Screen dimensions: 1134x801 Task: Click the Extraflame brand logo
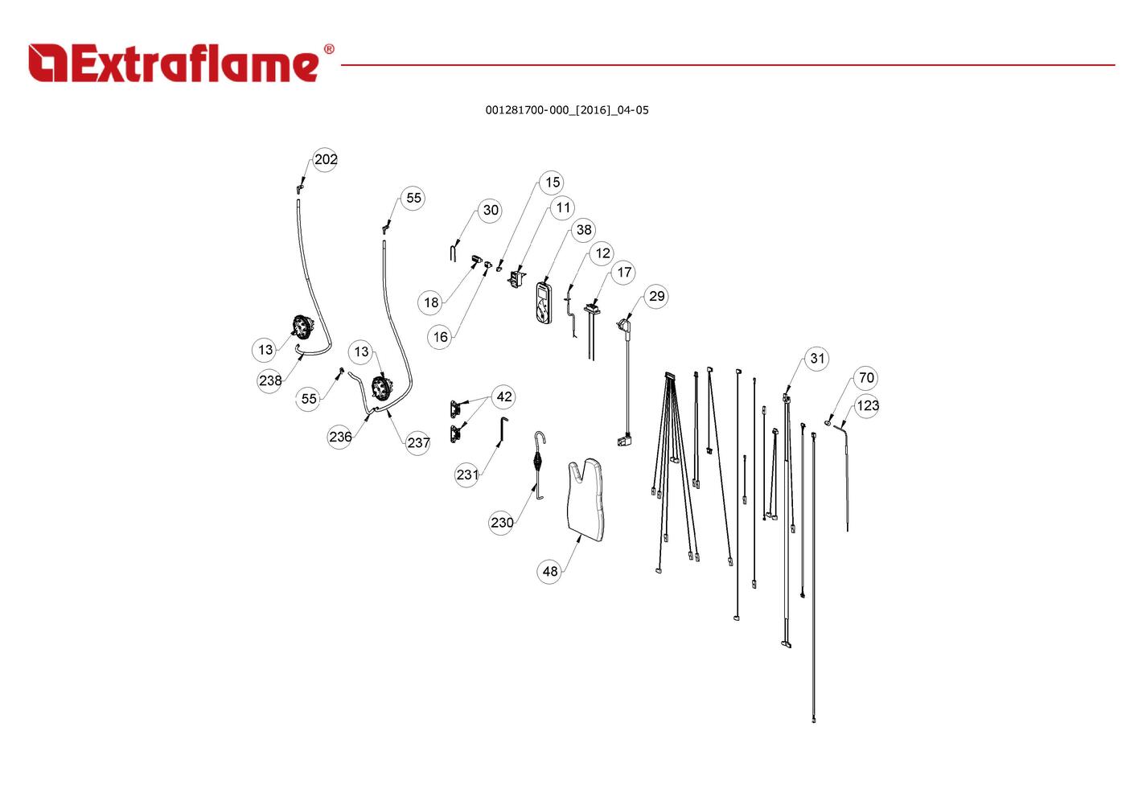coord(181,63)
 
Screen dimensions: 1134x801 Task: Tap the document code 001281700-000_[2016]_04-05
coord(567,110)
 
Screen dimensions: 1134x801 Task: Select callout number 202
coord(326,159)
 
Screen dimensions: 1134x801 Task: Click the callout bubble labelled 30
coord(490,210)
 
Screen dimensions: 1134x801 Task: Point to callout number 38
coord(584,230)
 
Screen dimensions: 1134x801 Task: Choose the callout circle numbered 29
coord(656,296)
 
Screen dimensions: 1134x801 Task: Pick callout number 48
coord(550,571)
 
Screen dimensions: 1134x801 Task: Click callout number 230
coord(502,522)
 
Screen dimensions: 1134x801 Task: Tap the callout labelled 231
coord(466,474)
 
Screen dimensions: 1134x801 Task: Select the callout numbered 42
coord(503,396)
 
